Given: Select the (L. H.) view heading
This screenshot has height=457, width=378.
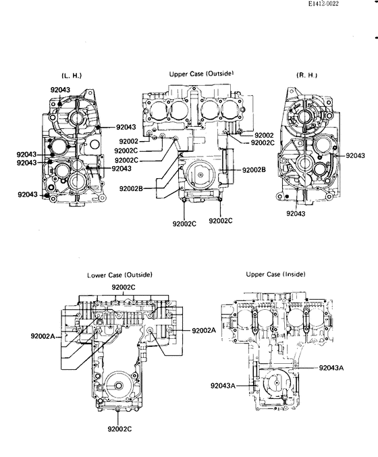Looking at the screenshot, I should point(71,75).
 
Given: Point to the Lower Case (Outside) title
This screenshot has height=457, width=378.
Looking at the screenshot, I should point(119,275).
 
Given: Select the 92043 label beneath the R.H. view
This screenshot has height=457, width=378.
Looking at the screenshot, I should point(296,213).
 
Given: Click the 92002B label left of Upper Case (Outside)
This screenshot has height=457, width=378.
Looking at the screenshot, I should point(131,188).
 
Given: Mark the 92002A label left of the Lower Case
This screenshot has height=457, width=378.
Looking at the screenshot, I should point(43,335).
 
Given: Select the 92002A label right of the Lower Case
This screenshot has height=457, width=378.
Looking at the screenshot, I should point(204,330).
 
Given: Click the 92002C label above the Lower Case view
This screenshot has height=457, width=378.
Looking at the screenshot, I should point(124,288).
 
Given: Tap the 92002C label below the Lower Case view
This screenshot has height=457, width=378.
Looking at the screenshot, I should point(119,429).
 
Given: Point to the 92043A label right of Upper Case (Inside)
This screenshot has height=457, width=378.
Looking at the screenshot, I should point(331,368).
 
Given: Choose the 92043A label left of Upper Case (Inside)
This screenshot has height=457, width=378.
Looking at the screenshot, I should point(223,386).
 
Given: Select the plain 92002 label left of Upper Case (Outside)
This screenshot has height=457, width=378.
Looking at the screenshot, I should point(126,141).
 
